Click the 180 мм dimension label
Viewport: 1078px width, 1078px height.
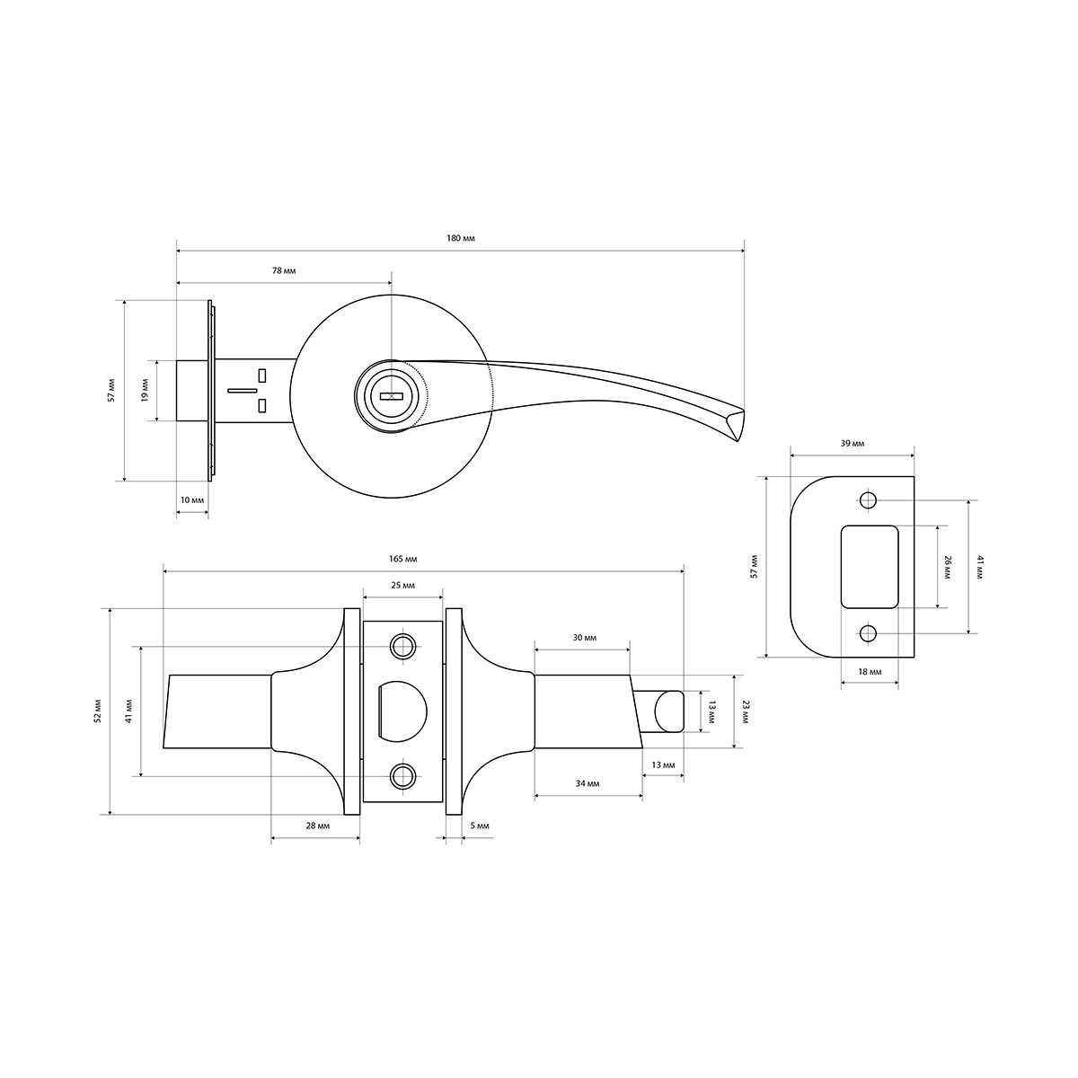coord(461,238)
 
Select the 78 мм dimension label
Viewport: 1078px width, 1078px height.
coord(284,270)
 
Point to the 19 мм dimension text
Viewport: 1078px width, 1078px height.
coord(145,390)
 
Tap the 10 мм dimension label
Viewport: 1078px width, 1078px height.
coord(192,499)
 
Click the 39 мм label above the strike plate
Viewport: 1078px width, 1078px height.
coord(852,444)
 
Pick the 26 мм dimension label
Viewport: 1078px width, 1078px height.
coord(947,567)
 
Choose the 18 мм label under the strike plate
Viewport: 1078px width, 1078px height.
coord(870,672)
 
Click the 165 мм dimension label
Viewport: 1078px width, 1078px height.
coord(402,559)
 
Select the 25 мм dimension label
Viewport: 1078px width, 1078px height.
coord(402,586)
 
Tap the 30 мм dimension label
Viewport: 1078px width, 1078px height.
coord(585,638)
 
